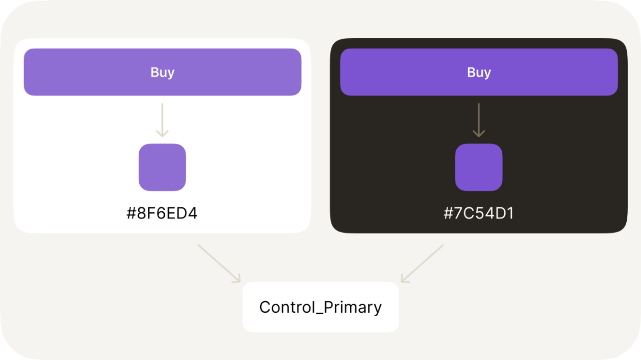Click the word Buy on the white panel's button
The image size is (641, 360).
click(162, 72)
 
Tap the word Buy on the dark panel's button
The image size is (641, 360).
click(479, 72)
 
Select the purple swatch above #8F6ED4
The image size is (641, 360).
click(162, 167)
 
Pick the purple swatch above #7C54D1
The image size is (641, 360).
click(479, 167)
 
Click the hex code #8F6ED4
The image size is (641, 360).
click(162, 213)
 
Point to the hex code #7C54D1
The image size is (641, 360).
click(479, 213)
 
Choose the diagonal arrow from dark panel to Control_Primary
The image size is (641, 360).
click(422, 263)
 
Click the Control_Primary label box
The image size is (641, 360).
click(320, 307)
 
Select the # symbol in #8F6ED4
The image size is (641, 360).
click(131, 213)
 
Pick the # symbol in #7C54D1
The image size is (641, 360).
click(448, 213)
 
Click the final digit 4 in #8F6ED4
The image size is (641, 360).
click(192, 213)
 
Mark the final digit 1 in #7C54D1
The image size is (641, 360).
click(510, 213)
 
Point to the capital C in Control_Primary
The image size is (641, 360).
click(265, 307)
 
